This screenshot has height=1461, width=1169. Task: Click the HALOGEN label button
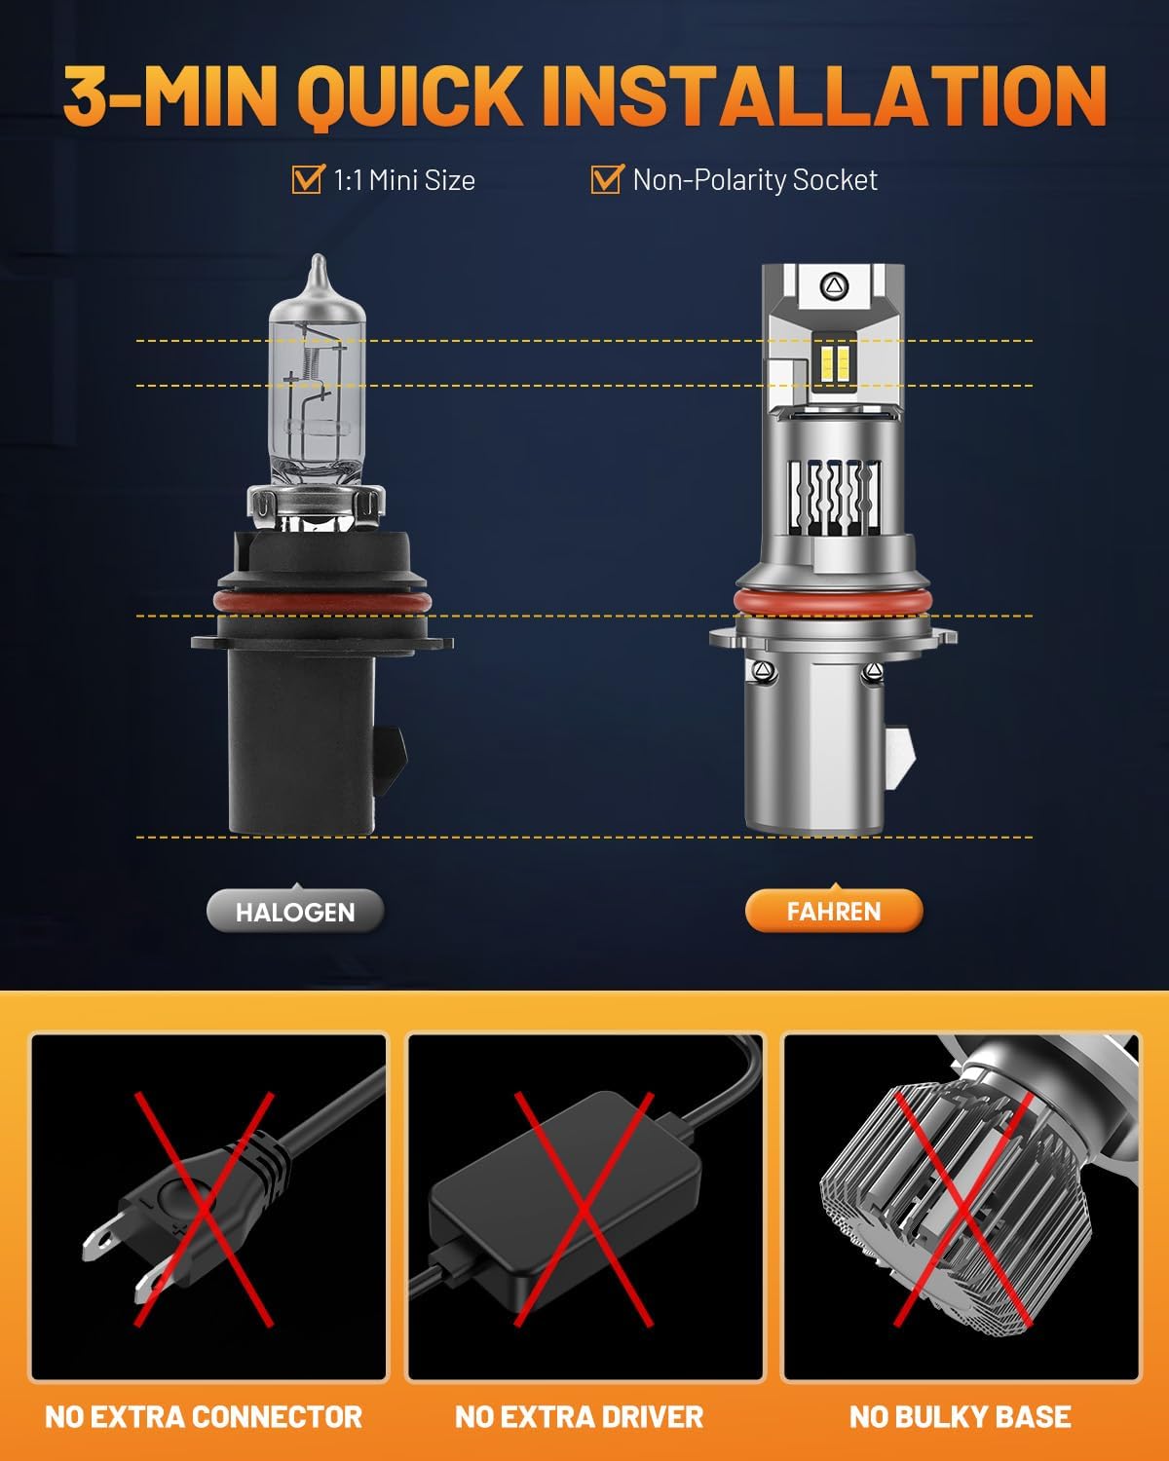tap(295, 912)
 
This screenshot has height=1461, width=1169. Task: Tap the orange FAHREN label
tap(833, 912)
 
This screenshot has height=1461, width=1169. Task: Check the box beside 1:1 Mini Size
tap(308, 179)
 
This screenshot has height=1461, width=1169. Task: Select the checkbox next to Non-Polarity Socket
tap(607, 179)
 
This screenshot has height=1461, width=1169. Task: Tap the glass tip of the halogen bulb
tap(317, 278)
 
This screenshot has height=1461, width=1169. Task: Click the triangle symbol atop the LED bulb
tap(836, 285)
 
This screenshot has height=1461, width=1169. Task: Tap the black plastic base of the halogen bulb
tap(302, 740)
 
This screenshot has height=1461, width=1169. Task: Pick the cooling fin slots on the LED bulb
tap(833, 497)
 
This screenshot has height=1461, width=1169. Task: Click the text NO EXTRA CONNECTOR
tap(204, 1416)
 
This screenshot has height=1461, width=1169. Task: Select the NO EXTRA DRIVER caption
tap(579, 1416)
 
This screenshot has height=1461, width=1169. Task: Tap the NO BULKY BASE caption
tap(960, 1416)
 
